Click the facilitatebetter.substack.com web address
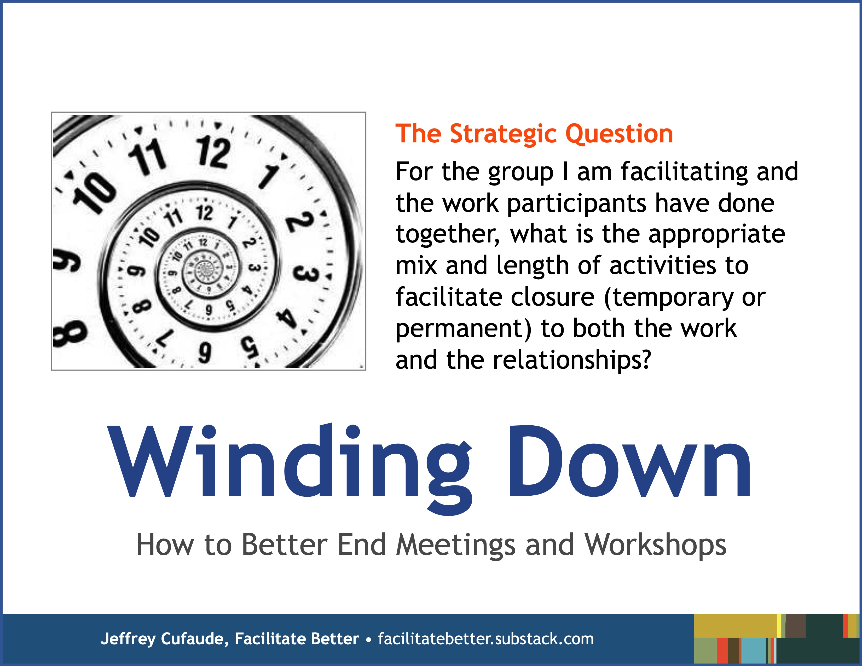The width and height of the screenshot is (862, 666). click(x=485, y=639)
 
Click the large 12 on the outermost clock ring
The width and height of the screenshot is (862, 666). click(x=213, y=152)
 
